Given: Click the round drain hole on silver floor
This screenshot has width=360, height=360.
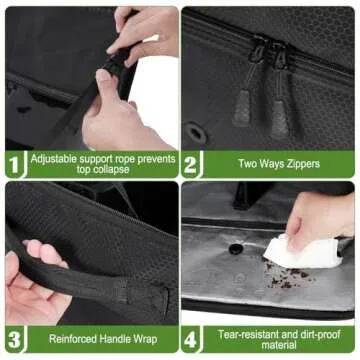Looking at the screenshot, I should (x=236, y=248).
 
